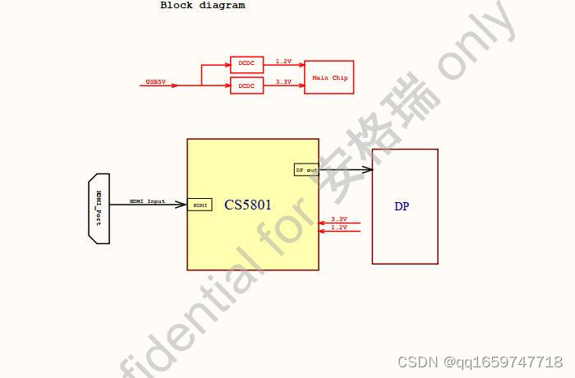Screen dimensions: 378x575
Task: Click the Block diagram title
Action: [202, 5]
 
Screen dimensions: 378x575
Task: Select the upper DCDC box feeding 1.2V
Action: [246, 64]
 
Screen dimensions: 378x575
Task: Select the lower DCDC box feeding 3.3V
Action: [246, 85]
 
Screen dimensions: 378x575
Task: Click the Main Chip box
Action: [329, 77]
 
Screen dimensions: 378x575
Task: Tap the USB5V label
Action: [155, 81]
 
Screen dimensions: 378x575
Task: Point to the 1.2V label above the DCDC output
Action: [283, 61]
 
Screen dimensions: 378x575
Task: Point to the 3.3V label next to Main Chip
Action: [283, 81]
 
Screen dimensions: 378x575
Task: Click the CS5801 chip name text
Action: [248, 205]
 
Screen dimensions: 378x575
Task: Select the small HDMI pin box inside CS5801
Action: [200, 205]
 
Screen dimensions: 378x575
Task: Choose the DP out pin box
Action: [306, 169]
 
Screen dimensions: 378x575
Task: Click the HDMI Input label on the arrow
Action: [147, 201]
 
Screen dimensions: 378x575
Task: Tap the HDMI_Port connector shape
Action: [99, 208]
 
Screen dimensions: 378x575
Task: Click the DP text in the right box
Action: [401, 206]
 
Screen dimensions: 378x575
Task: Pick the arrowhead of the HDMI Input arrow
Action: [182, 205]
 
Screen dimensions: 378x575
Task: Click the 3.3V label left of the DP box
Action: [338, 219]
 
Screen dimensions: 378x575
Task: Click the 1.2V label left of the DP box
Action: [338, 227]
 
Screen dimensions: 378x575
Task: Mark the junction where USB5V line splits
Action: [201, 85]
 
